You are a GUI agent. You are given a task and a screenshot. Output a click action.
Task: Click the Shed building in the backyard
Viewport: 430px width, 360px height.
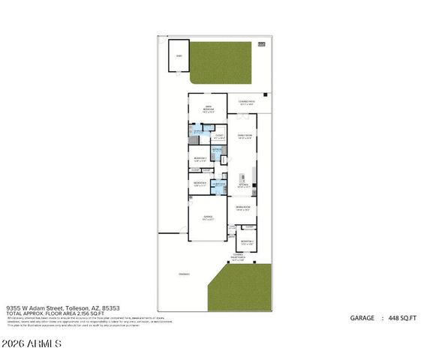click(179, 56)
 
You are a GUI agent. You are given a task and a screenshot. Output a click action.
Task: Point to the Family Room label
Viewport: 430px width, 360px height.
click(245, 136)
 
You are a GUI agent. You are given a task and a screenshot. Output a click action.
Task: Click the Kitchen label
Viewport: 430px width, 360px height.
click(243, 184)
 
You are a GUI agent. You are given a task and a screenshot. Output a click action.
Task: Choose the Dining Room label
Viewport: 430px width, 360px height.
click(243, 208)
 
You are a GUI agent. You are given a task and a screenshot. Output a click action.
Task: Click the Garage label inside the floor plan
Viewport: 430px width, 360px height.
click(207, 217)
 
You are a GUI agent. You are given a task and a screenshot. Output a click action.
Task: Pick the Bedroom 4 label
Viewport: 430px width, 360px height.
click(200, 183)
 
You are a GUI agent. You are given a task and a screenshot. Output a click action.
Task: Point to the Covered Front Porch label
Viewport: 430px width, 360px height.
click(239, 257)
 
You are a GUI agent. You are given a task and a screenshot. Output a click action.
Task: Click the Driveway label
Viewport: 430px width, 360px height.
click(184, 274)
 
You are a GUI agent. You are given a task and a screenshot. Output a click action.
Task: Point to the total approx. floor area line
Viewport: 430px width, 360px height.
click(56, 312)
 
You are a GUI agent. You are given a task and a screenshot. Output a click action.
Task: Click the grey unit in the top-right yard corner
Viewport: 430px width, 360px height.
click(262, 44)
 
